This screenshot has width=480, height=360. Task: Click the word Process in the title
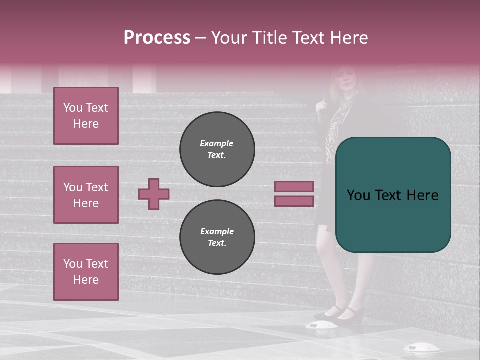[x=157, y=38]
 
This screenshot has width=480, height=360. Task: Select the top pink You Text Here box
[x=86, y=116]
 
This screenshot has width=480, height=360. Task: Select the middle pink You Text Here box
[x=86, y=195]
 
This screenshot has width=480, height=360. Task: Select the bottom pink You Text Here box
[x=86, y=272]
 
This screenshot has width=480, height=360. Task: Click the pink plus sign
[x=154, y=194]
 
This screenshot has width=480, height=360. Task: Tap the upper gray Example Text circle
[x=217, y=149]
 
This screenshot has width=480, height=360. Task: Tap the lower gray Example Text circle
[x=217, y=237]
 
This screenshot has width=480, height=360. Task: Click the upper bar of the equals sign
[x=294, y=186]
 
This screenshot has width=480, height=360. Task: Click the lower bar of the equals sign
[x=294, y=201]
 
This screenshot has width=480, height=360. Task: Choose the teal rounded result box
[x=393, y=195]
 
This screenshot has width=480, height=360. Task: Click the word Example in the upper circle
[x=216, y=143]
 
